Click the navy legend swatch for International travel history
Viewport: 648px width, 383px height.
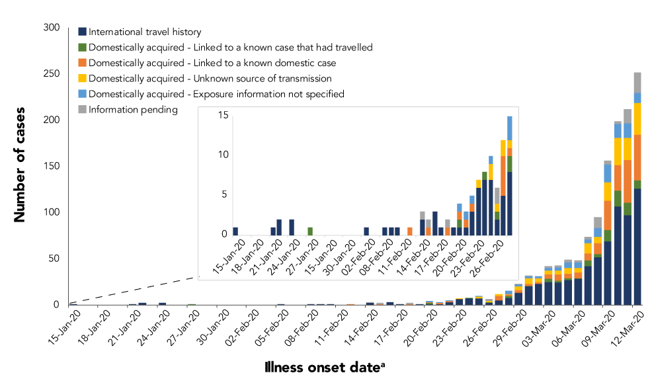click(82, 32)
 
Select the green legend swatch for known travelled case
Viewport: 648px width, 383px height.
click(82, 48)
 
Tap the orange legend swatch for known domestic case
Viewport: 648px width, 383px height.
click(82, 63)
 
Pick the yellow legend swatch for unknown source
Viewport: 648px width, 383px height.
click(82, 79)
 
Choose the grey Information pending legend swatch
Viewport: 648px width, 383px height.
click(82, 110)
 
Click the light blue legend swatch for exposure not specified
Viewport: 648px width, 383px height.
click(82, 94)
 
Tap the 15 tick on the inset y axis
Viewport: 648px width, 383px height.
click(223, 116)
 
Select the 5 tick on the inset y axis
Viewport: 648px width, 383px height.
click(225, 194)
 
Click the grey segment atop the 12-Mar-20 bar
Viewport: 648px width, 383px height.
click(637, 82)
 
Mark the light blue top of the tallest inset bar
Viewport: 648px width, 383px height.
click(510, 128)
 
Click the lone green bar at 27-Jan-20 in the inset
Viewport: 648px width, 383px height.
click(310, 231)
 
